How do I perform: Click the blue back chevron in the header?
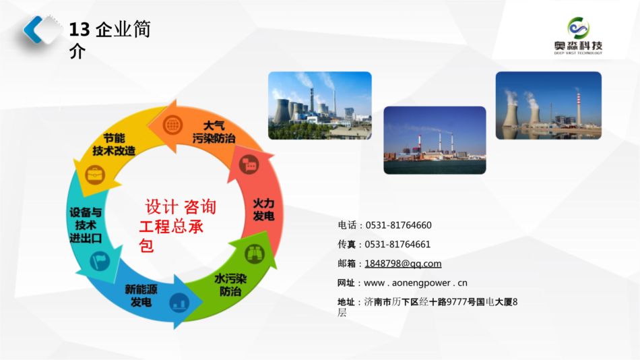click(32, 29)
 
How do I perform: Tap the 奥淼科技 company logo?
click(578, 36)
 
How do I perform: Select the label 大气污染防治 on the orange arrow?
click(214, 132)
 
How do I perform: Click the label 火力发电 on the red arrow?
click(263, 210)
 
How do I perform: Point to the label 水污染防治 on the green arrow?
click(230, 284)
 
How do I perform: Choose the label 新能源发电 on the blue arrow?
click(141, 295)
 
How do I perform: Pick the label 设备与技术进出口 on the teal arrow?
click(86, 224)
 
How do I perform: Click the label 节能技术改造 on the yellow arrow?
click(113, 145)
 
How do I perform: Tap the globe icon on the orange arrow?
click(172, 124)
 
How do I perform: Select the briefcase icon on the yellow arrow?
click(95, 175)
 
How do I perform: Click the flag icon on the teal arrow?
click(100, 261)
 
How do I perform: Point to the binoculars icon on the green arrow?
click(255, 253)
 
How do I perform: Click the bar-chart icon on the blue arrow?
click(179, 303)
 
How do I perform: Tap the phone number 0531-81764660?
click(398, 225)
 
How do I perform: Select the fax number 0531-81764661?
click(397, 244)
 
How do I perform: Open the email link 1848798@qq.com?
click(403, 264)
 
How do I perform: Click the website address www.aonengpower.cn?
click(416, 282)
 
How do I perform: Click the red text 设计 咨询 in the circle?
click(181, 207)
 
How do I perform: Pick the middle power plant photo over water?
click(435, 140)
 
